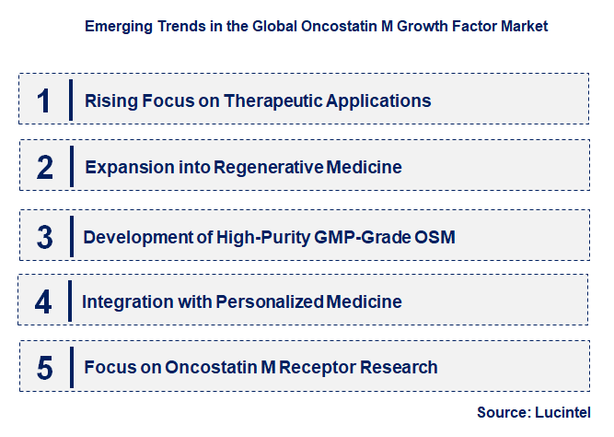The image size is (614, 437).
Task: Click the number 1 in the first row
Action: tap(44, 100)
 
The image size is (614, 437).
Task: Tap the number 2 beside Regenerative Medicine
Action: tap(45, 167)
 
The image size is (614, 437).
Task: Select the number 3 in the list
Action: tap(45, 236)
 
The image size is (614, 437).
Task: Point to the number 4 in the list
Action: tap(44, 301)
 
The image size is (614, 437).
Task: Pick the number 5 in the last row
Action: tap(45, 368)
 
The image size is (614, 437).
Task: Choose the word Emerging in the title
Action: tap(113, 26)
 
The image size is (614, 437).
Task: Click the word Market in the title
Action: tap(524, 26)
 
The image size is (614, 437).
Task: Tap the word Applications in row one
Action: tap(379, 100)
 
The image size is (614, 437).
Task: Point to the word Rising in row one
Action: tap(108, 100)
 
